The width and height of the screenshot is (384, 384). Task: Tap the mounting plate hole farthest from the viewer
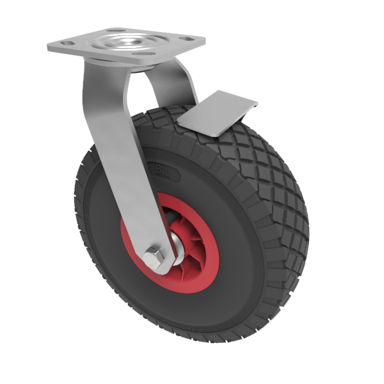114,30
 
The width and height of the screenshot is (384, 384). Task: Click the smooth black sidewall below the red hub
179,307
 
